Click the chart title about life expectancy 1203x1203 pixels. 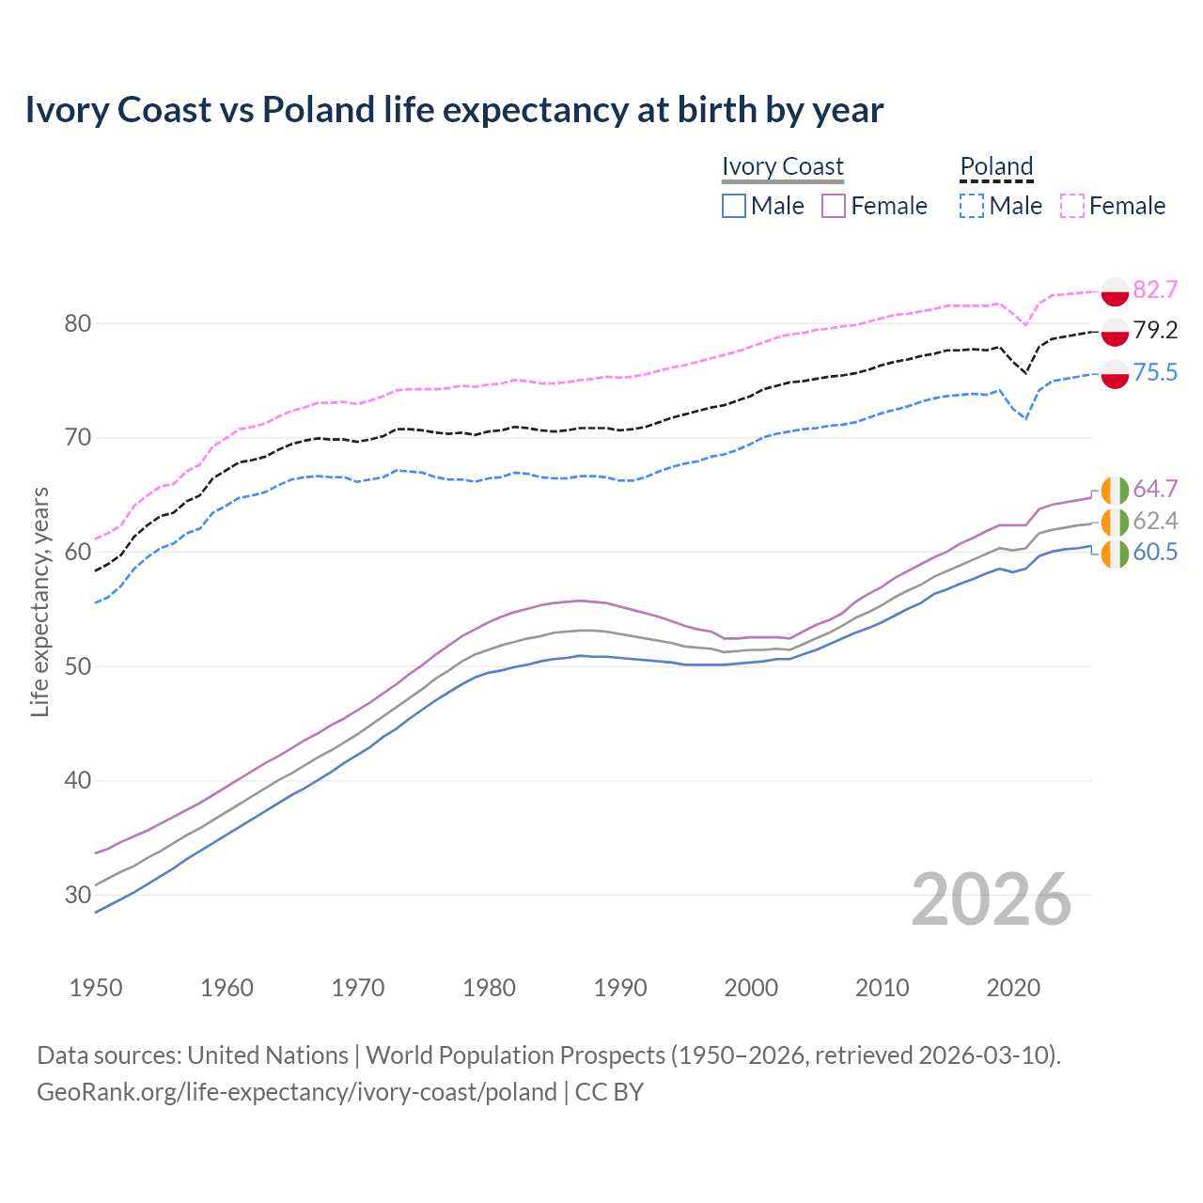pos(454,110)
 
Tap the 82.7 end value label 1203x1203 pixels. pos(1155,289)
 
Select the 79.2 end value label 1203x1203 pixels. pos(1155,330)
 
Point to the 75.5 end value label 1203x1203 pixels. pos(1155,373)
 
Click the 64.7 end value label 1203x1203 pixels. pos(1155,489)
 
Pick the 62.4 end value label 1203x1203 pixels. pos(1155,522)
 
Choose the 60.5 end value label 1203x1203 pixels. pos(1155,553)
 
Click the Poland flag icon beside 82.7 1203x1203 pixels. pos(1115,291)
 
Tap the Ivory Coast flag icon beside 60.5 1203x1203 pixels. pos(1115,554)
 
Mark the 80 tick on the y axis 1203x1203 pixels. pos(78,324)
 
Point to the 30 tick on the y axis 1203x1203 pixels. pos(78,895)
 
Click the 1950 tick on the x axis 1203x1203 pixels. pos(96,988)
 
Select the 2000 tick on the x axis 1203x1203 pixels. pos(751,988)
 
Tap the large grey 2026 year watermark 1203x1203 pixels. pos(991,899)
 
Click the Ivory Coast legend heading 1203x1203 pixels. pos(782,166)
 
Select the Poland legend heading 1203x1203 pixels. pos(996,166)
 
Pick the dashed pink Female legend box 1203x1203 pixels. pos(1071,206)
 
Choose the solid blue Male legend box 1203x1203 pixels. pos(734,206)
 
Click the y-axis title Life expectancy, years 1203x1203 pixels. pos(40,601)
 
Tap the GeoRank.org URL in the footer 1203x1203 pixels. pos(297,1092)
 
